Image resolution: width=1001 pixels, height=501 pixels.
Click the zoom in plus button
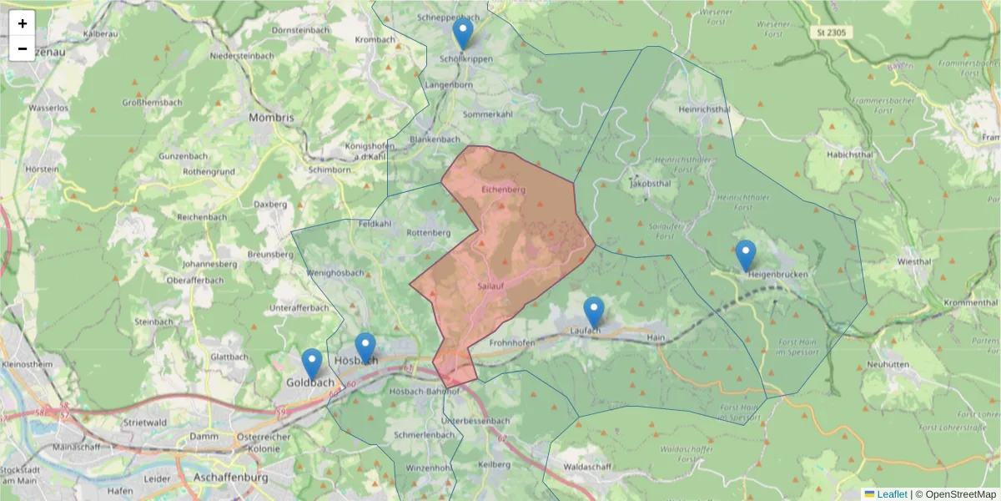tap(23, 23)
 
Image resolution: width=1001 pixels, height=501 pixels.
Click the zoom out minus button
tap(23, 48)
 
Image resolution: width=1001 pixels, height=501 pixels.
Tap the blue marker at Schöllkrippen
tap(463, 34)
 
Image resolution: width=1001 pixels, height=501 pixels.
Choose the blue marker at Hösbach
tap(365, 348)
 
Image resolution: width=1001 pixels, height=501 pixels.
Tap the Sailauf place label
tap(492, 286)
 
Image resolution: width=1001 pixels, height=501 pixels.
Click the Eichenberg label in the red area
tap(504, 190)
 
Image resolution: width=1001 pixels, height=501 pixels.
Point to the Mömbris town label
tap(271, 118)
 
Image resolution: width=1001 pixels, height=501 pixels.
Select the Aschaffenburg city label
tap(229, 478)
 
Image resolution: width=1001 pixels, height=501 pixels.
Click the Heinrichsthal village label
tap(705, 109)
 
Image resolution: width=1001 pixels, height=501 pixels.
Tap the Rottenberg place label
tap(429, 232)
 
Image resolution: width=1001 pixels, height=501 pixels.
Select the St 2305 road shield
tap(832, 32)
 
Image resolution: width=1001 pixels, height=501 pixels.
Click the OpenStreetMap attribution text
tap(956, 494)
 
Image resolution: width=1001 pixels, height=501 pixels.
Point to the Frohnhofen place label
tap(512, 342)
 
